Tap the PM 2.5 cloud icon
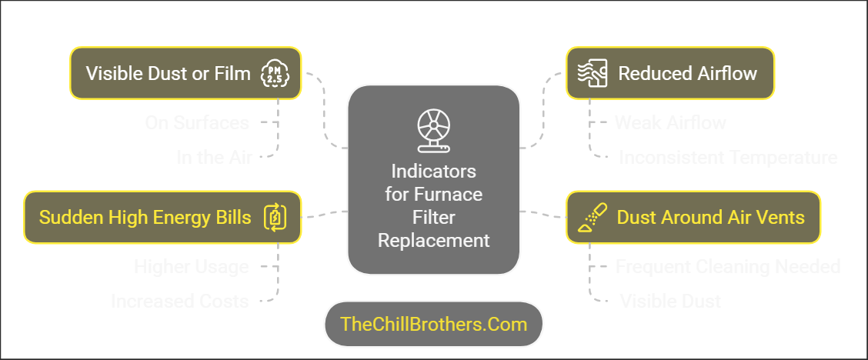(274, 73)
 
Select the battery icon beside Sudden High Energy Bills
(275, 218)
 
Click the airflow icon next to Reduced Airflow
(593, 73)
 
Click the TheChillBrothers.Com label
(433, 324)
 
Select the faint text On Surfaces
(197, 122)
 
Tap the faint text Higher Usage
(191, 266)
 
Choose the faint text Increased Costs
(179, 301)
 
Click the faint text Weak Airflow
(670, 122)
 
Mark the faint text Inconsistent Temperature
(728, 157)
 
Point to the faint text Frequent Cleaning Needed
(727, 266)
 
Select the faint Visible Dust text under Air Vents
(670, 301)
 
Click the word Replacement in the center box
(433, 240)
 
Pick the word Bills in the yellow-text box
(230, 218)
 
